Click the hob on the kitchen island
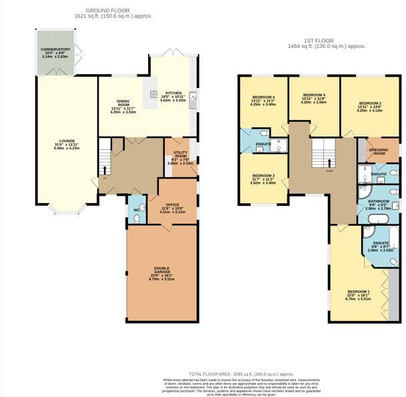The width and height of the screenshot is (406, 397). pyautogui.click(x=153, y=94)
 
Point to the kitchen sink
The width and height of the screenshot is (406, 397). pyautogui.click(x=193, y=97)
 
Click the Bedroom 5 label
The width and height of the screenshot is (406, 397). pyautogui.click(x=313, y=98)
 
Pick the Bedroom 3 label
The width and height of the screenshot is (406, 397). pyautogui.click(x=262, y=178)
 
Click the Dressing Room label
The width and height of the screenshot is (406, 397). pyautogui.click(x=378, y=151)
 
